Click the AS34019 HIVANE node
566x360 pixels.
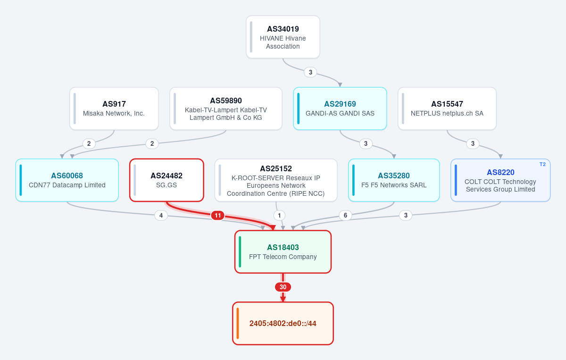(x=283, y=37)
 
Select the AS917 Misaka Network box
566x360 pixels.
(x=114, y=109)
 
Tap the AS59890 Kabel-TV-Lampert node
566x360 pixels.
(x=225, y=109)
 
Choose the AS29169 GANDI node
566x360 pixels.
(x=340, y=109)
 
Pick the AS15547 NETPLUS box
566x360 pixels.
(x=447, y=109)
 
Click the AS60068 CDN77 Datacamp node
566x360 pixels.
(x=67, y=180)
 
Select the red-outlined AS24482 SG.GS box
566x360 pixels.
(x=166, y=180)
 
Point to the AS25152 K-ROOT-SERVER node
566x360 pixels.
(x=276, y=180)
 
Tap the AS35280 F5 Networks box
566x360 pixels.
(x=394, y=180)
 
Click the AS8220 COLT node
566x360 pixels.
(x=500, y=180)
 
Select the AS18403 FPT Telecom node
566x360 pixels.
(x=283, y=251)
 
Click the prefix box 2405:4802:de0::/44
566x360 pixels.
(x=283, y=323)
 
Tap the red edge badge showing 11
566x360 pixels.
(x=217, y=216)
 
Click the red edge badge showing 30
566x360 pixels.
(x=283, y=287)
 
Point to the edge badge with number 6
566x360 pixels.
(x=345, y=216)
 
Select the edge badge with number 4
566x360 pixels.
(x=161, y=216)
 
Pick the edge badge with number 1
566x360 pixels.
(x=279, y=216)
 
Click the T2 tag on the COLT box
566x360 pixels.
(x=542, y=164)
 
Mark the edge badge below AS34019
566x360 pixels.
(x=310, y=72)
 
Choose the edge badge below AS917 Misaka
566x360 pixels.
(x=89, y=143)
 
